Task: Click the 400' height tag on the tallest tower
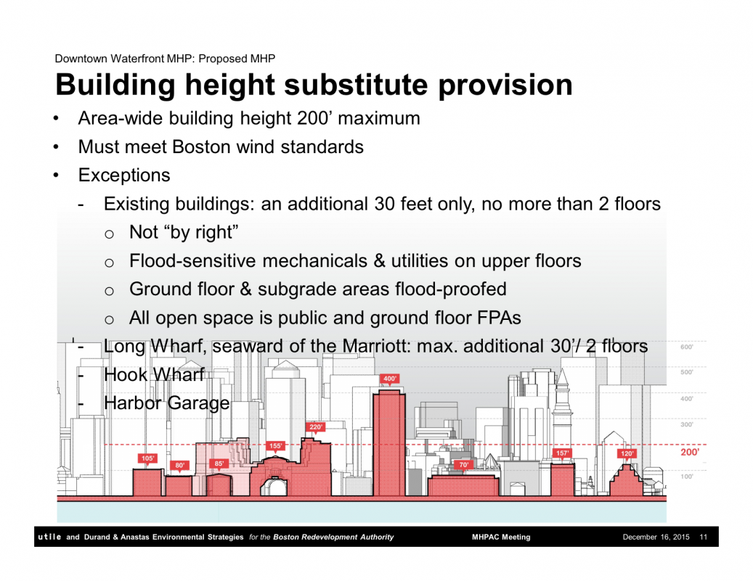coord(389,379)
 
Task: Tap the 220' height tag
coord(316,427)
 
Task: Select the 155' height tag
coord(275,445)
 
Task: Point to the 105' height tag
coord(147,458)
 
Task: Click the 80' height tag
coord(179,465)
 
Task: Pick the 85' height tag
coord(219,463)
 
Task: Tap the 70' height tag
coord(463,464)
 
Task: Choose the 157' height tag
coord(562,453)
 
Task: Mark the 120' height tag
coord(627,453)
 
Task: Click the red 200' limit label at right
coord(690,452)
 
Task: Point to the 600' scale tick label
coord(687,347)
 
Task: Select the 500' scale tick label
coord(687,372)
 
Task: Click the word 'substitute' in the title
coord(355,84)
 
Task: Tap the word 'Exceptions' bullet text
coord(124,175)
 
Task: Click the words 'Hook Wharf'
coord(154,375)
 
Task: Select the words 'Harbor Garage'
coord(166,403)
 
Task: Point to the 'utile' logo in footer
coord(49,537)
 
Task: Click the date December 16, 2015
coord(656,537)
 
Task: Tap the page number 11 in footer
coord(704,537)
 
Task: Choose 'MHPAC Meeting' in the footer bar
coord(501,537)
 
